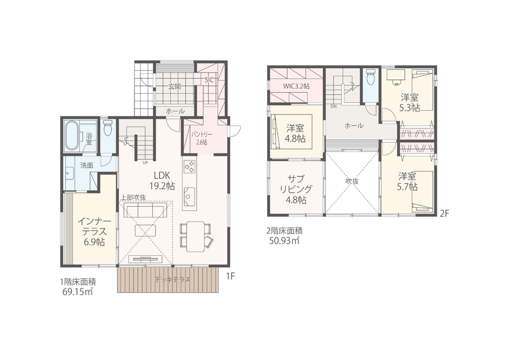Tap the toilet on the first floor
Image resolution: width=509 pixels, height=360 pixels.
[108, 128]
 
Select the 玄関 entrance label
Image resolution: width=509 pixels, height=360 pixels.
[175, 87]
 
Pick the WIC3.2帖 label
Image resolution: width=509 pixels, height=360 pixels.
[296, 87]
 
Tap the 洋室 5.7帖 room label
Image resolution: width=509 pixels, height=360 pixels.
[407, 181]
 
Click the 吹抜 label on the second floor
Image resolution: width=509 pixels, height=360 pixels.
[353, 181]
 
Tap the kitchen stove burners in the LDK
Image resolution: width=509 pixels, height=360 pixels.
[188, 167]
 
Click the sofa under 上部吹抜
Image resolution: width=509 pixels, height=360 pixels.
[145, 210]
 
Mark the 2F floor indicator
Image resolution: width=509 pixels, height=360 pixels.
[445, 213]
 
